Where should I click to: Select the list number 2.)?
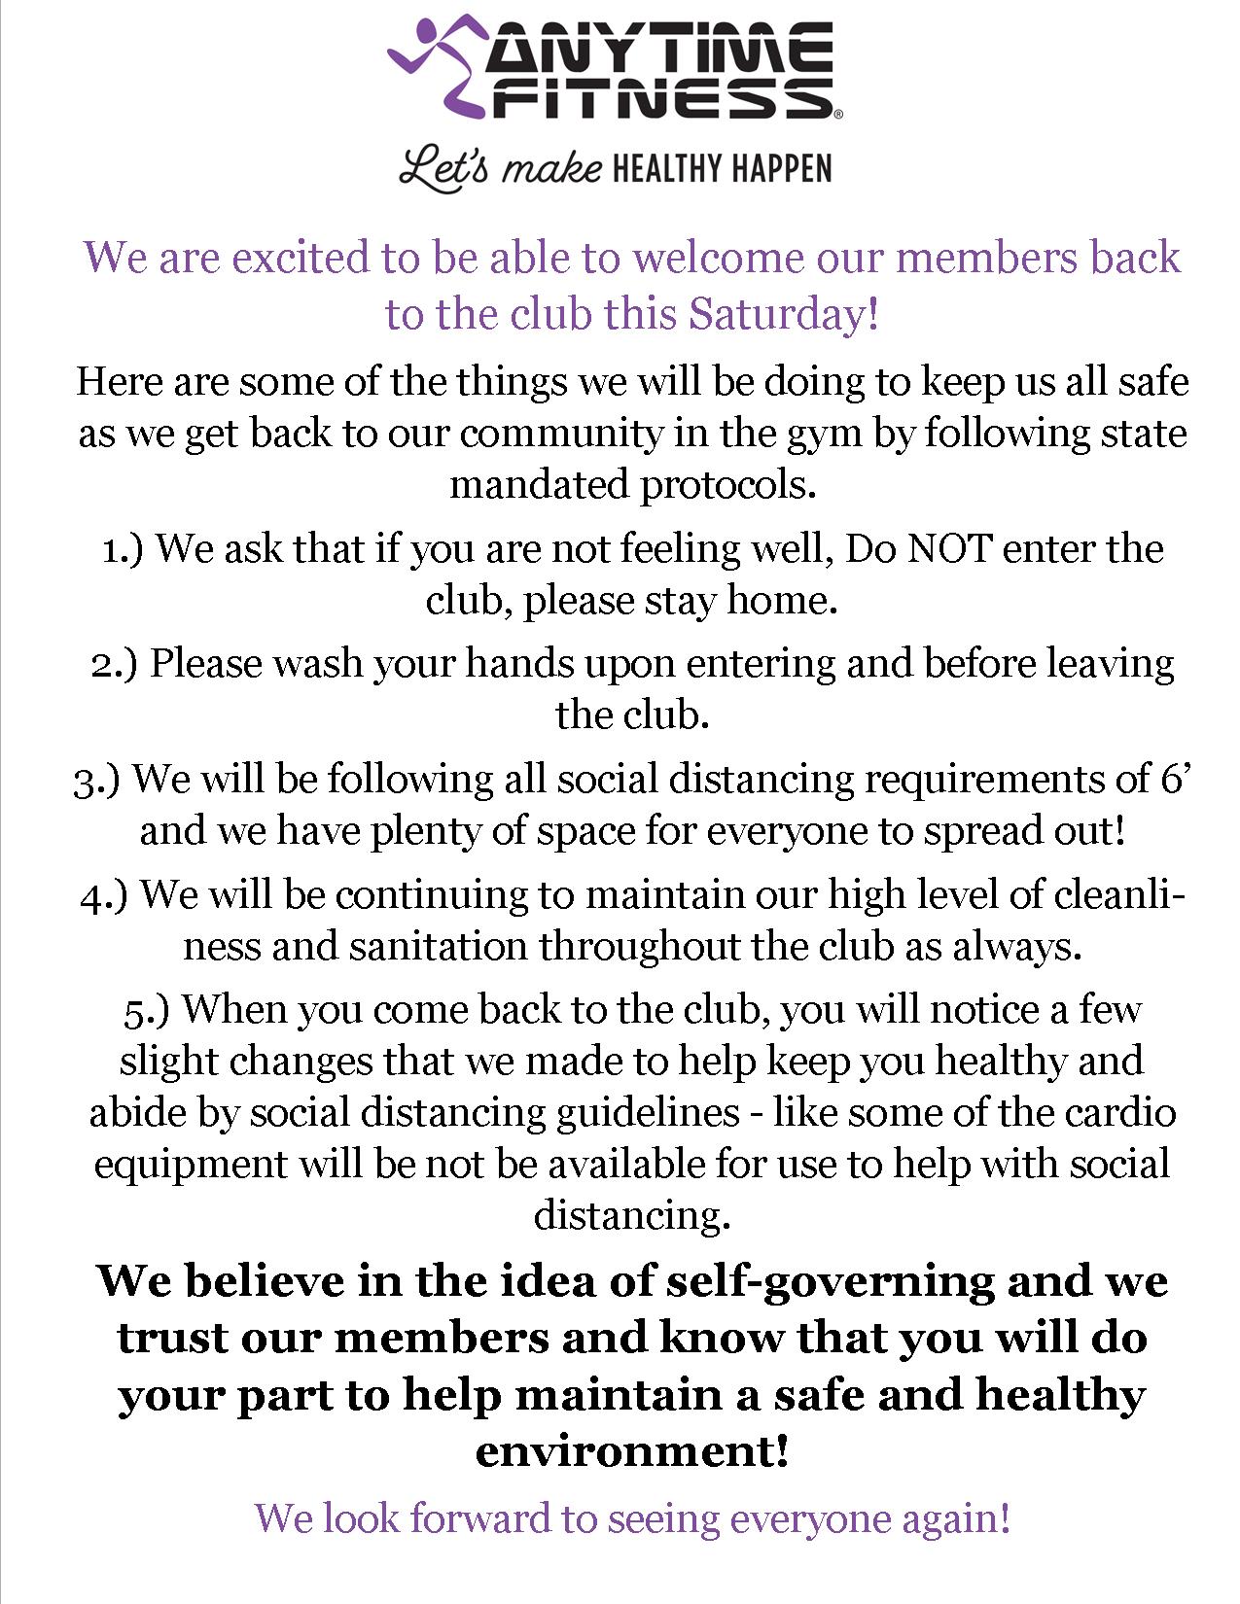coord(115,664)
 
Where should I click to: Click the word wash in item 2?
coord(319,663)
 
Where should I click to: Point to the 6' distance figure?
coord(1175,778)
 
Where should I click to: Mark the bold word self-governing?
coord(830,1281)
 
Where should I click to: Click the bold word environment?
coord(631,1451)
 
